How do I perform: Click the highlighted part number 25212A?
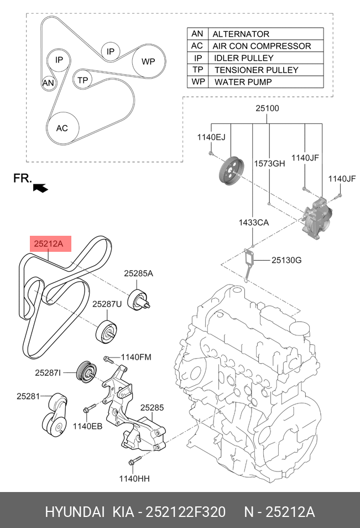[x=49, y=243]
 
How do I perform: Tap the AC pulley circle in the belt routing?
[x=62, y=128]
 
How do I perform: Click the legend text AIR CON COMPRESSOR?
[x=262, y=46]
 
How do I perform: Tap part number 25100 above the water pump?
[x=267, y=108]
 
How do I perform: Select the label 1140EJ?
[x=211, y=137]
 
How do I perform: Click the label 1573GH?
[x=269, y=163]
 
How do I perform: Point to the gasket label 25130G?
[x=286, y=260]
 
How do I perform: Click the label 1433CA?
[x=254, y=222]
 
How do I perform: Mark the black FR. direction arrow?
[x=41, y=188]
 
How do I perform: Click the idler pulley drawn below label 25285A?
[x=138, y=299]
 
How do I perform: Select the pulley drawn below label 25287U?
[x=106, y=332]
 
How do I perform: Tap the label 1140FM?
[x=136, y=357]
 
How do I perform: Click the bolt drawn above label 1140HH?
[x=134, y=460]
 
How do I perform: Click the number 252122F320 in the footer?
[x=185, y=512]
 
